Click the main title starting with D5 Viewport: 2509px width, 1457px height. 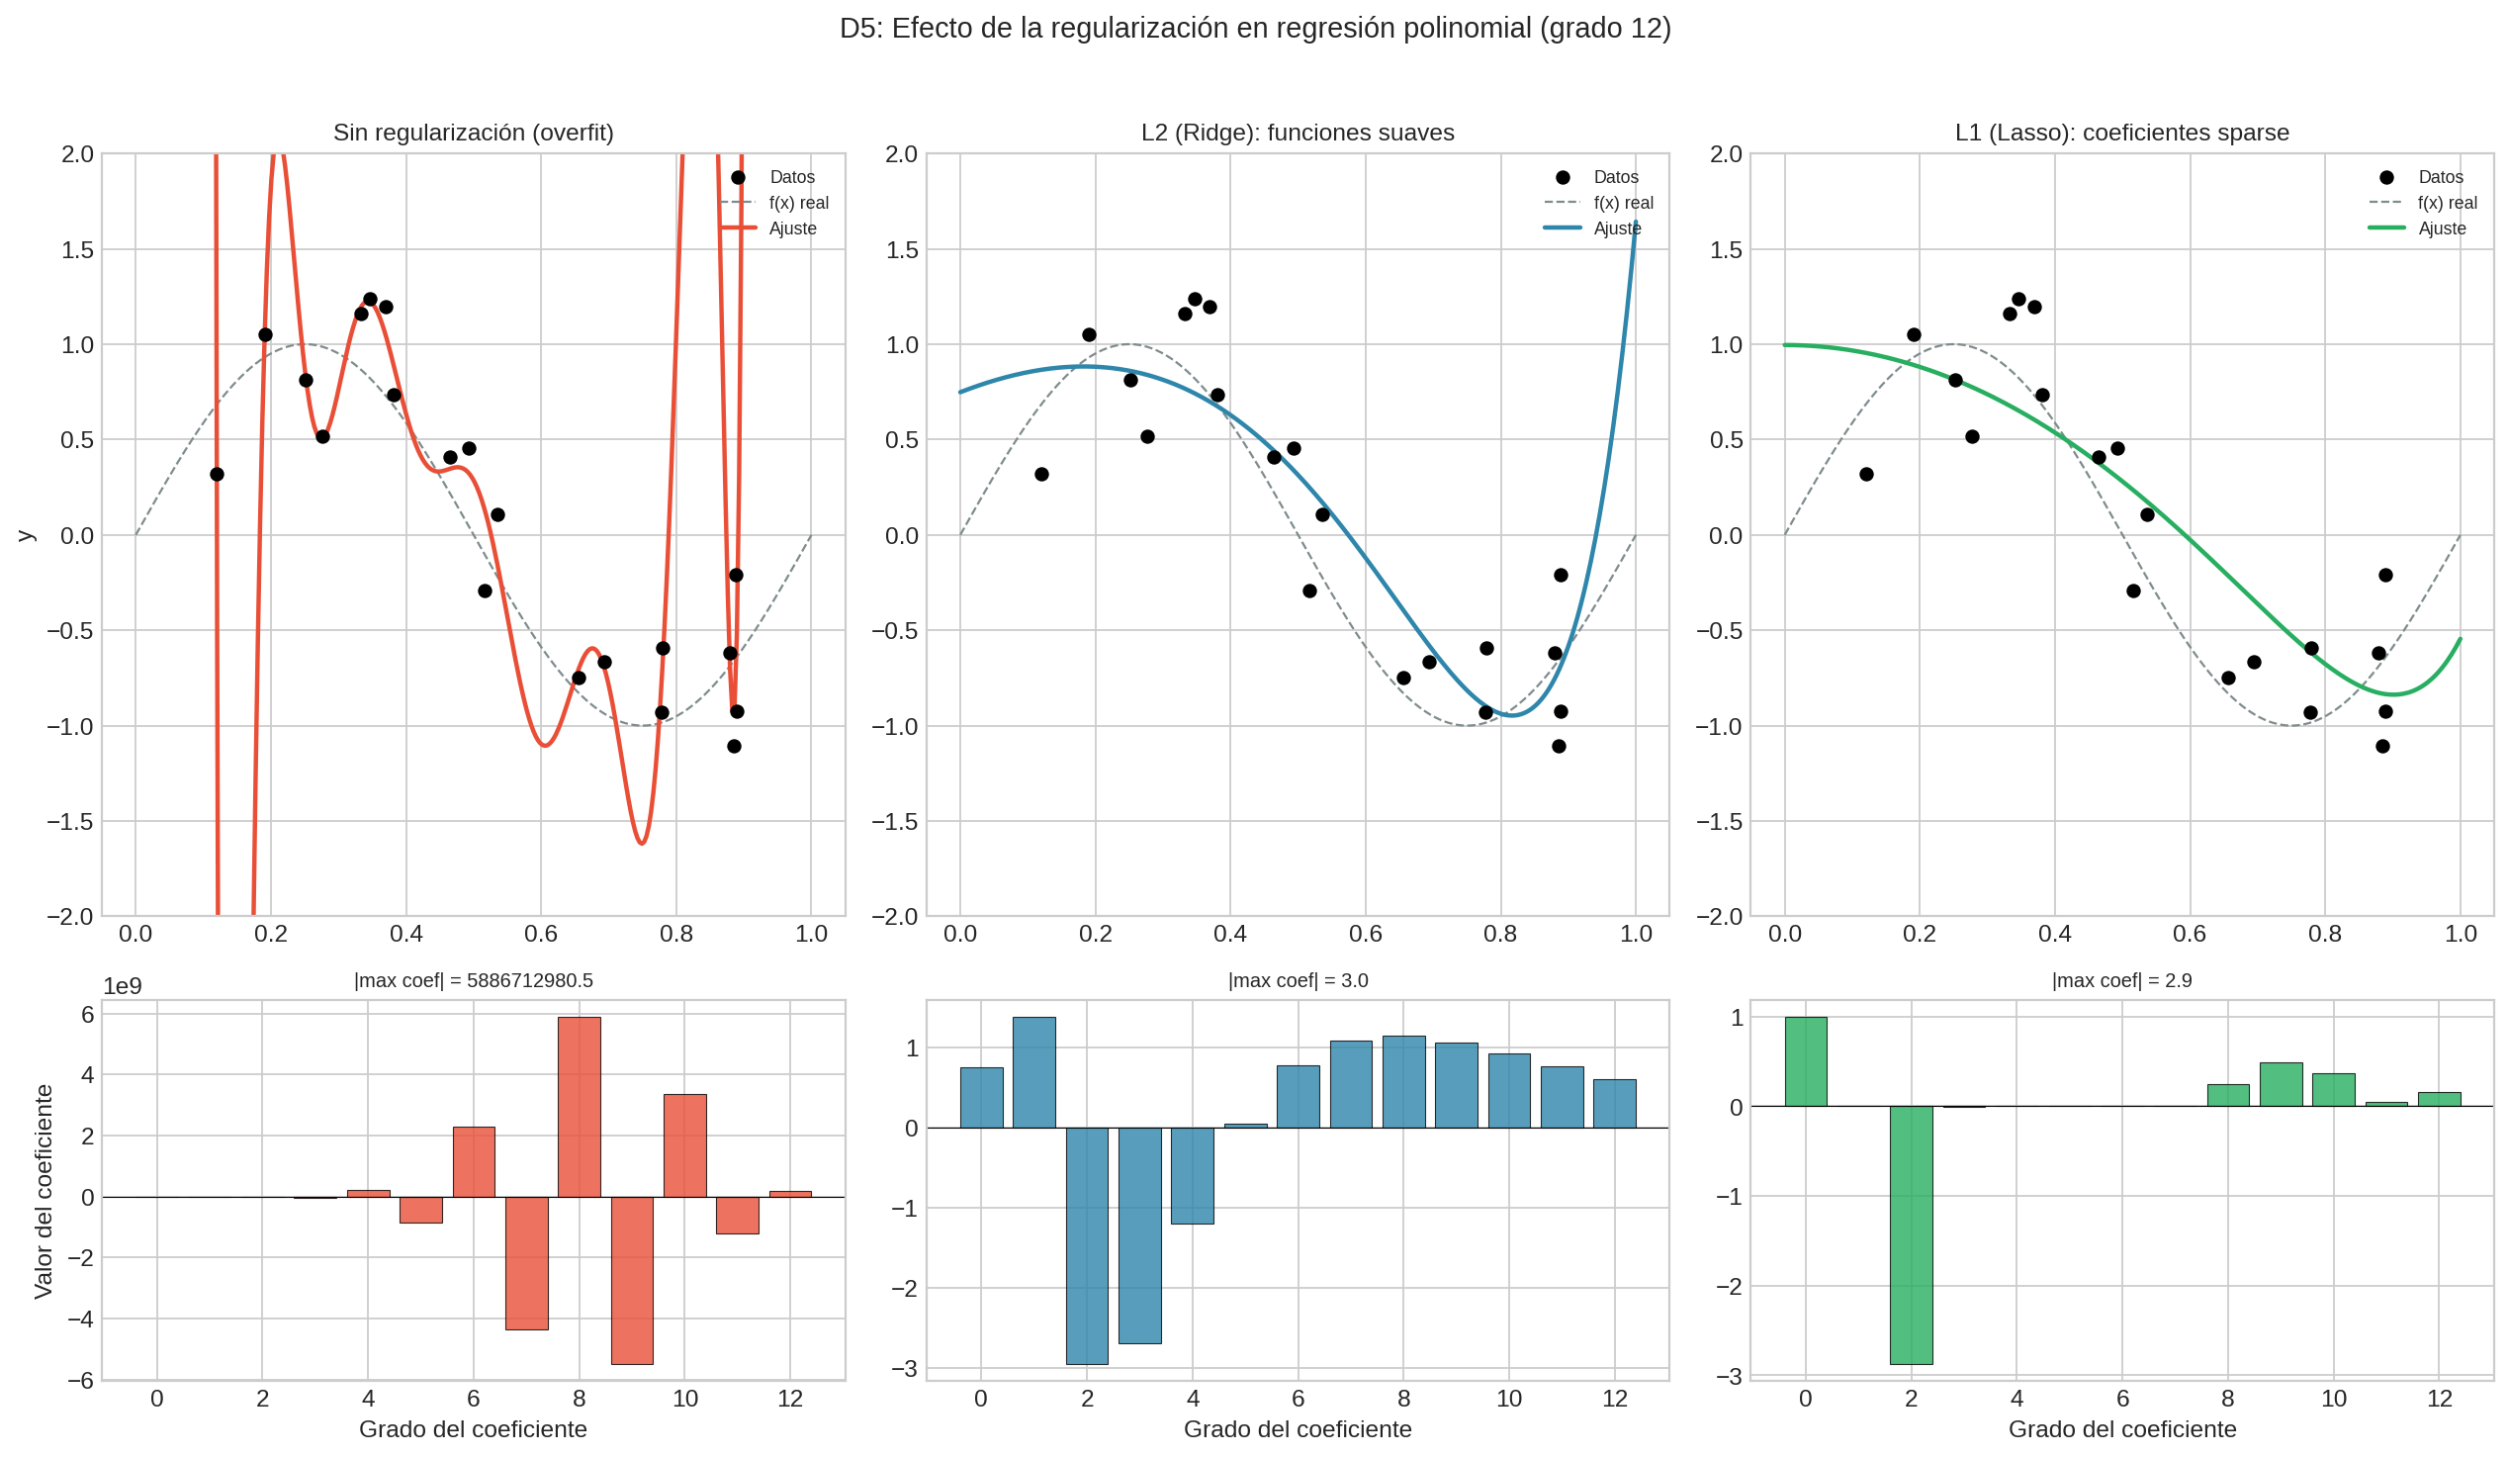point(1254,29)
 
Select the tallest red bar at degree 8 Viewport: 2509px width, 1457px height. point(579,1107)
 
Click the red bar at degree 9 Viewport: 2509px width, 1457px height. point(632,1280)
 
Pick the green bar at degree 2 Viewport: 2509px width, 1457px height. point(1911,1234)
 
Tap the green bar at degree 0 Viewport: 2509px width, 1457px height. point(1805,1061)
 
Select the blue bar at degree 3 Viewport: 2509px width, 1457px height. point(1139,1234)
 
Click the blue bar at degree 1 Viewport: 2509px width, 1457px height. point(1033,1072)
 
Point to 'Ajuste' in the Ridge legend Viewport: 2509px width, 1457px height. point(1617,229)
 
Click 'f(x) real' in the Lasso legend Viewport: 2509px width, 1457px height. point(2447,203)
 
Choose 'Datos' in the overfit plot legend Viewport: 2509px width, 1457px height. point(791,177)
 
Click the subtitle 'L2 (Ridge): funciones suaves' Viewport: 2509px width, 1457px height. point(1297,133)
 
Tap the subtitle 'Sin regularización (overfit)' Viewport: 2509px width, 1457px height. point(473,133)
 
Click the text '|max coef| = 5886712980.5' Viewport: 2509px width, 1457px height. point(473,981)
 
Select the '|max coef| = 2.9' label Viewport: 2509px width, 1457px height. point(2120,981)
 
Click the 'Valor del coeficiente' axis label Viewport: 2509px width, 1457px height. point(43,1191)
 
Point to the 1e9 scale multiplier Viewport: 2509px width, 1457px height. point(123,986)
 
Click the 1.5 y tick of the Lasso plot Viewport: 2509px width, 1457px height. point(1725,250)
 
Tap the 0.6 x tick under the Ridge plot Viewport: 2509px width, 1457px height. point(1364,934)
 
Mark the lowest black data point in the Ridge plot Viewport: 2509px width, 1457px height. point(1559,746)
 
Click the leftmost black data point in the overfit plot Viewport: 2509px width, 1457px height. point(217,474)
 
